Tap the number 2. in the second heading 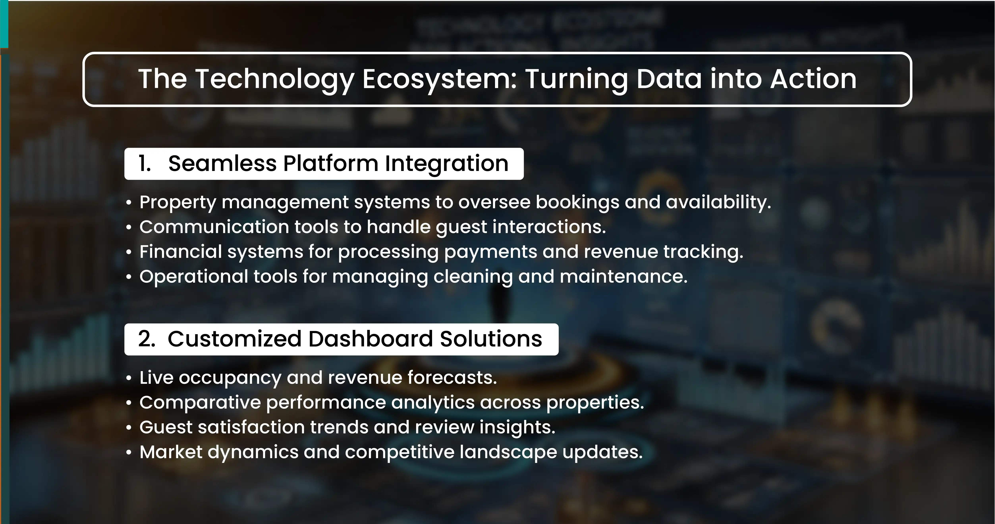point(147,339)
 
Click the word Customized point(235,339)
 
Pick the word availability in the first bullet point(718,202)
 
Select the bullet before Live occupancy point(129,379)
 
